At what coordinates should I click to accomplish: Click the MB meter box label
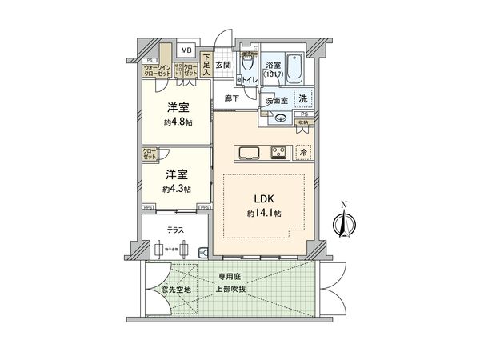[185, 50]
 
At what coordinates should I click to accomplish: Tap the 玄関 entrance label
[222, 66]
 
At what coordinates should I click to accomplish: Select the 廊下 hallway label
[232, 98]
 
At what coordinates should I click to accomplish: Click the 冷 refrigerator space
[303, 150]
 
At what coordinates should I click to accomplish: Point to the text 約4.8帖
[174, 123]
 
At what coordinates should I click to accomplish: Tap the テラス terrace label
[176, 230]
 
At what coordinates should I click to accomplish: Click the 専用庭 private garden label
[231, 278]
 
